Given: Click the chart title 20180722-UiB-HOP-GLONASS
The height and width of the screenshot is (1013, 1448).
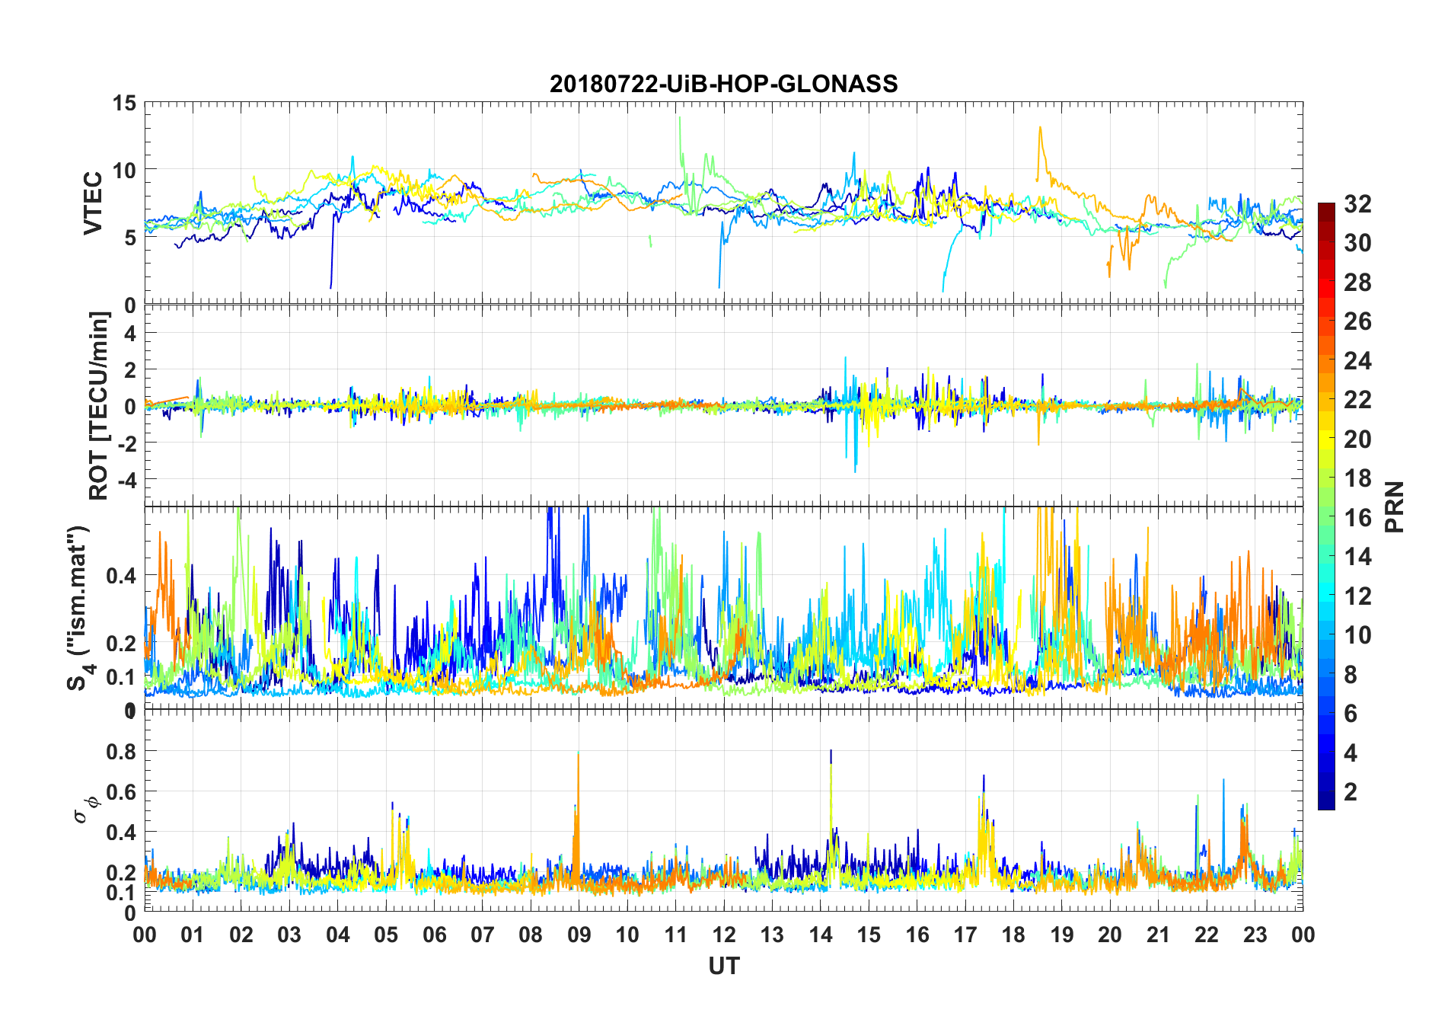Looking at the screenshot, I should point(723,84).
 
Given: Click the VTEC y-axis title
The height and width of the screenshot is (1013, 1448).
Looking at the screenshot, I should point(93,203).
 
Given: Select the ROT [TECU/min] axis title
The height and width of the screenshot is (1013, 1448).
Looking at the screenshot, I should point(99,405).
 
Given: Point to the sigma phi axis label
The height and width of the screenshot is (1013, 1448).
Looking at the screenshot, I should point(82,809).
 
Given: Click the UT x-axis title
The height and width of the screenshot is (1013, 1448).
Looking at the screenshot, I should point(723,966).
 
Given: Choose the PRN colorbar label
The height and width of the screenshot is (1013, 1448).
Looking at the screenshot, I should point(1395,507).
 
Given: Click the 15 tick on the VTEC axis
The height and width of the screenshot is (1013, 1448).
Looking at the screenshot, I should point(124,103).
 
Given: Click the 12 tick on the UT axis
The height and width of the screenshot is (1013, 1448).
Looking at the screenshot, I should point(724,935).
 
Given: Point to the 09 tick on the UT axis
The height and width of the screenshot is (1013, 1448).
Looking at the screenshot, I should point(579,935).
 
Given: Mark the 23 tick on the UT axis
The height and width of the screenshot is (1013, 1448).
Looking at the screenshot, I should point(1255,935).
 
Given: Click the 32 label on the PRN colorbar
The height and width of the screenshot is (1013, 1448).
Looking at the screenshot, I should point(1357,204).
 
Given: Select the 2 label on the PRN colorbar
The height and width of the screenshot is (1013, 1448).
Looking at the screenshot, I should point(1351,792).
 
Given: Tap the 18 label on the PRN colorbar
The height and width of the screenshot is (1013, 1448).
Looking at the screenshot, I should point(1357,478).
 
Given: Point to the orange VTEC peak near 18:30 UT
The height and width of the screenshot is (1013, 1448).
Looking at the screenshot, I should point(1040,129).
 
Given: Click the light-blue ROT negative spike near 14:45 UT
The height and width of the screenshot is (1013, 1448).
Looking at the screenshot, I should point(855,468).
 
